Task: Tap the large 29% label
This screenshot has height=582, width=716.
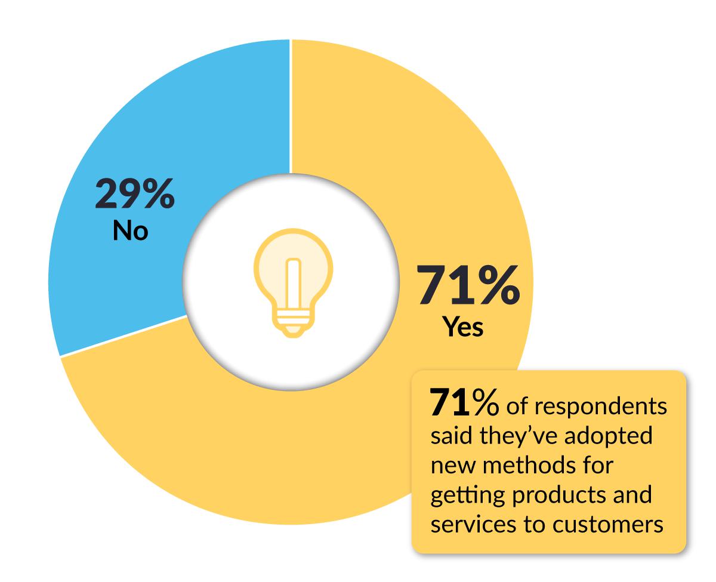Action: click(x=135, y=193)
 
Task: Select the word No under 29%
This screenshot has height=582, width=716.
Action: click(x=130, y=231)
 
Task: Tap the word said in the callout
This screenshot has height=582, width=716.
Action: click(x=449, y=435)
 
